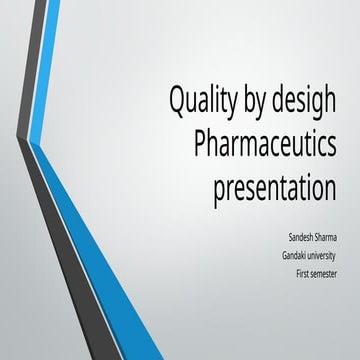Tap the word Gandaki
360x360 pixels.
(x=296, y=256)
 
